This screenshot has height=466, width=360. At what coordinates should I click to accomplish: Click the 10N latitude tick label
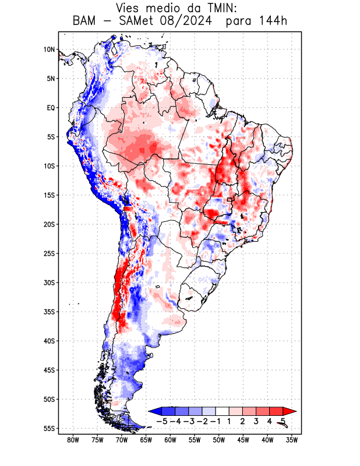click(x=49, y=50)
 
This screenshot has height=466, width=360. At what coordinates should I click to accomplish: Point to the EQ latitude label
click(x=51, y=108)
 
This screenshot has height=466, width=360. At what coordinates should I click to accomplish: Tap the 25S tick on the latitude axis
click(x=49, y=253)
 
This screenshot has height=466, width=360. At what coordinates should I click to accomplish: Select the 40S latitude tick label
click(x=49, y=341)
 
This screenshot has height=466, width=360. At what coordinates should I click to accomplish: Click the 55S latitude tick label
click(x=49, y=428)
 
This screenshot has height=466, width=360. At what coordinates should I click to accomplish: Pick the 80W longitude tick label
click(x=73, y=440)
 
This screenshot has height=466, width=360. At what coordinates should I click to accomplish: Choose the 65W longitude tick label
click(x=146, y=440)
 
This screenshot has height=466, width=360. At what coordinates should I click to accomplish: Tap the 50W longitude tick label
click(x=218, y=440)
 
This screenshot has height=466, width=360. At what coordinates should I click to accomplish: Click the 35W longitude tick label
click(x=292, y=440)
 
